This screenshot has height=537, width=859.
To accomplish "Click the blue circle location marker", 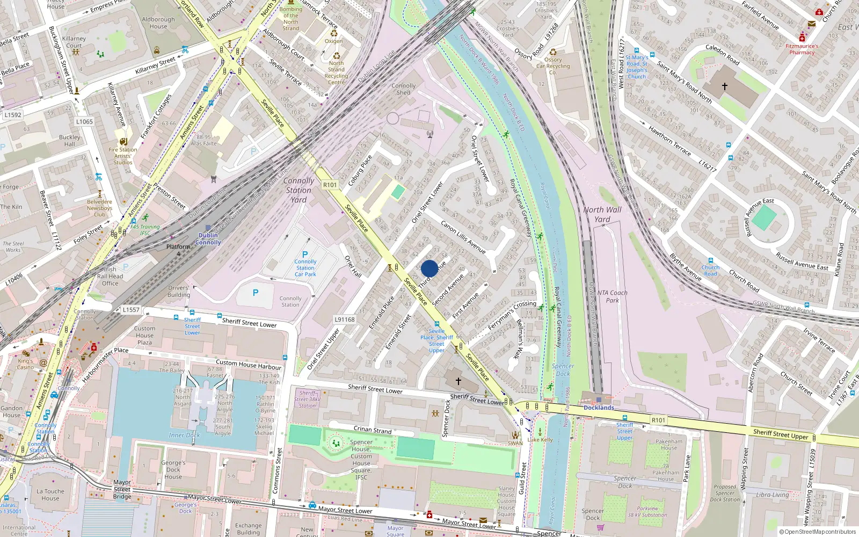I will (429, 268).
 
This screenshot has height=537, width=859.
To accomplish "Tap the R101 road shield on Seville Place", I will (330, 185).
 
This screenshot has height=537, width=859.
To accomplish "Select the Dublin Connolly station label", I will (208, 239).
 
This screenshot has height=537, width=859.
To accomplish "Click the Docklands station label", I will (599, 408).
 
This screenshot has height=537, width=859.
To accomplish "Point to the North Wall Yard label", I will (602, 214).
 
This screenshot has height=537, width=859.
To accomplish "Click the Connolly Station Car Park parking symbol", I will (305, 255).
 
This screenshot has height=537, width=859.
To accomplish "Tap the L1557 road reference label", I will (130, 310).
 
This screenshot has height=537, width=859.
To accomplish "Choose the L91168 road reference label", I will (345, 320).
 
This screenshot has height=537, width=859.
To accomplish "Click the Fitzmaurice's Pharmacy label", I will (802, 49).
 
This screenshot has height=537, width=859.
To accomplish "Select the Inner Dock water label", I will (184, 435).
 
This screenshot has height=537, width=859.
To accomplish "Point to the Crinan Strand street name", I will (373, 430).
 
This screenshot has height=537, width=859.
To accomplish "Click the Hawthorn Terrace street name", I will (669, 141).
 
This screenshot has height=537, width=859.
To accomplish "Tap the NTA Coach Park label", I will (612, 296).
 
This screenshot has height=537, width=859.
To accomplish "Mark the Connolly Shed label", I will (403, 89).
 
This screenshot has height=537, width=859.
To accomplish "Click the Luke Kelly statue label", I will (540, 440).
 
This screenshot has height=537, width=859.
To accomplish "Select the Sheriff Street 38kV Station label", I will (307, 399).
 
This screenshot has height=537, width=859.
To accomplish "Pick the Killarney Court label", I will (74, 42).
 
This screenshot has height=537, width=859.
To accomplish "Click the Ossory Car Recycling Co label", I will (553, 66).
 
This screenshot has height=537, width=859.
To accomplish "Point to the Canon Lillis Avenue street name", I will (463, 237).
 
